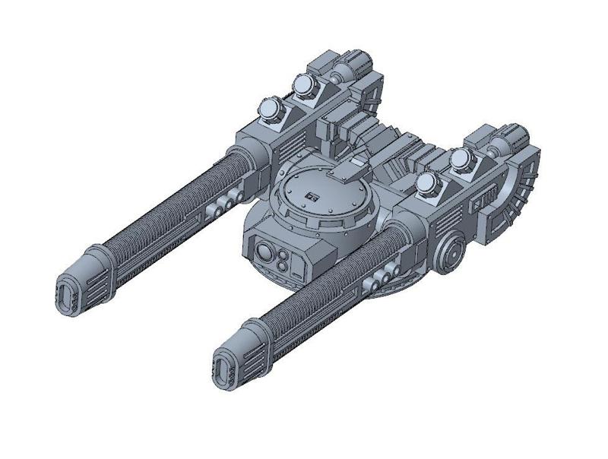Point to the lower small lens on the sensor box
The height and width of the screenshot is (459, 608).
pos(283,264)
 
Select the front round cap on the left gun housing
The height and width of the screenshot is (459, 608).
pos(270,110)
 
